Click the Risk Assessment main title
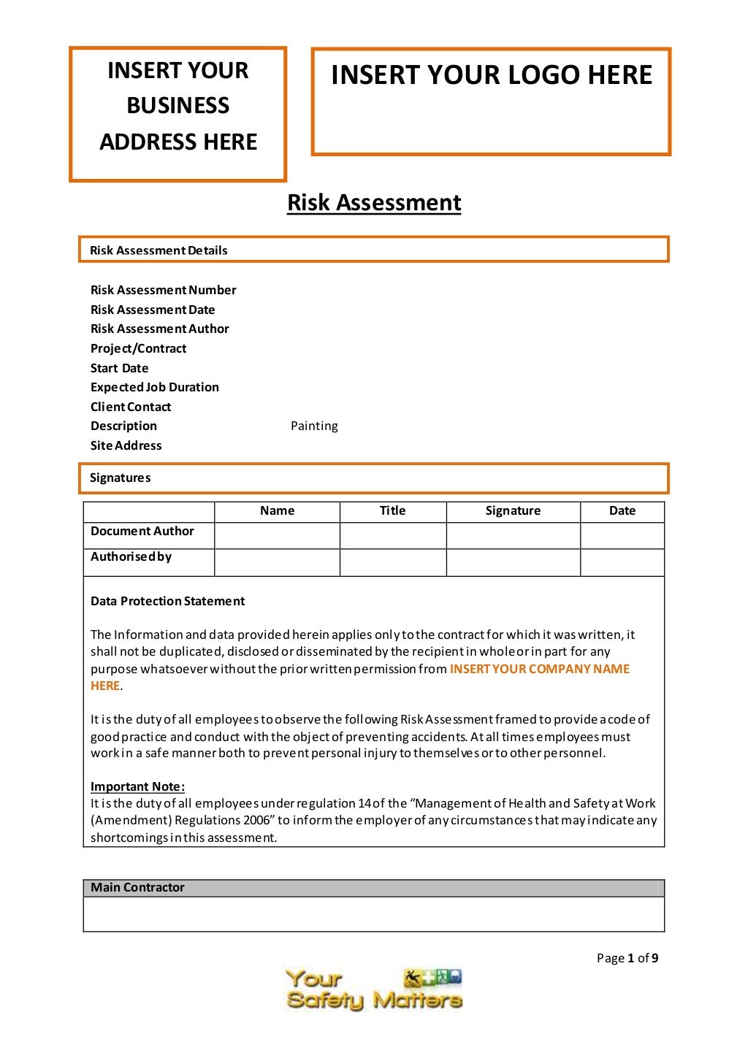coord(374,202)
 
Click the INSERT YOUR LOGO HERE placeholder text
coord(491,75)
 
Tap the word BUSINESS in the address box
coord(178,106)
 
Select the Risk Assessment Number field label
coord(163,290)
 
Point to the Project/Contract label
coord(138,348)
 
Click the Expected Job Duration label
coord(154,387)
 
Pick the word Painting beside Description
coord(314,426)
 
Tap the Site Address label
coord(126,445)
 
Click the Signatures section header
coord(120,478)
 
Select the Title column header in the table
coord(392,511)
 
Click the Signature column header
coord(513,511)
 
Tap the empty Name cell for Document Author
coord(277,535)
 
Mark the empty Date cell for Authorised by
coord(622,562)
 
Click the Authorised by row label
coord(131,556)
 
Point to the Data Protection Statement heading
coord(167,601)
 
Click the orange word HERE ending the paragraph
coord(104,686)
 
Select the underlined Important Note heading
coord(137,786)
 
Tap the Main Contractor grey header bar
coord(373,887)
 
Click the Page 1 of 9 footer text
coord(627,958)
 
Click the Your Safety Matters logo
coord(373,989)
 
